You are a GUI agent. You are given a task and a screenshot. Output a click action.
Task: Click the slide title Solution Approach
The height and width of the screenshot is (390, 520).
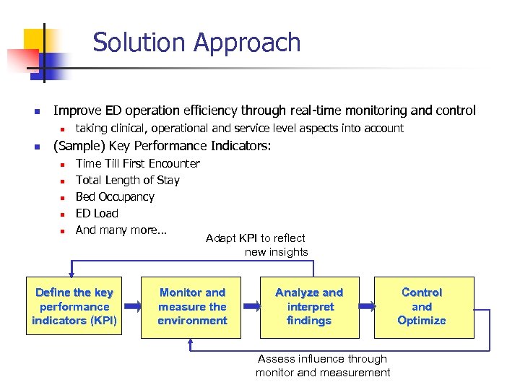point(196,43)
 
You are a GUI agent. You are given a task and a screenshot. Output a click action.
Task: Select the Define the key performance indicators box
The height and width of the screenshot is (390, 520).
point(74,307)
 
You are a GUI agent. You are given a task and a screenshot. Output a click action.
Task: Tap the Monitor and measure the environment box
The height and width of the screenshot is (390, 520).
point(192,307)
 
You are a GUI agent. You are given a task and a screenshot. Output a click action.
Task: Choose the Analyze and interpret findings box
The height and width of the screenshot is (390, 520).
point(309,307)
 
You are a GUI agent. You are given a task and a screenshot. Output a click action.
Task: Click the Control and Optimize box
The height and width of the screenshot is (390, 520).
point(422,307)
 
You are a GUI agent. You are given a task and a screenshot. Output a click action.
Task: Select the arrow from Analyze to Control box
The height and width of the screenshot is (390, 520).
point(366,307)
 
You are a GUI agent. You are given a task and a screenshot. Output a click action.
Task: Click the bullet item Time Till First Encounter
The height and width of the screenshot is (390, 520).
point(137,163)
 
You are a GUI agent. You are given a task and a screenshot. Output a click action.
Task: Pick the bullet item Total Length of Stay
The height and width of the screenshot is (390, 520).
point(127,180)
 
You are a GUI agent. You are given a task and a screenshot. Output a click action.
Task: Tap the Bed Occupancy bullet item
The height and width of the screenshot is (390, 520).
point(115,196)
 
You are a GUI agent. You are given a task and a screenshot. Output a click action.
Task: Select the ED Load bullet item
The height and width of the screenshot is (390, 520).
point(97,213)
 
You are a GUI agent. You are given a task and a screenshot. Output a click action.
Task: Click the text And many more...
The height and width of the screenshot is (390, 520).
point(121,230)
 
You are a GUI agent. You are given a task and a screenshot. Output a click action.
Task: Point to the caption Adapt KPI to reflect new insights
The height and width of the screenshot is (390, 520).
point(256,245)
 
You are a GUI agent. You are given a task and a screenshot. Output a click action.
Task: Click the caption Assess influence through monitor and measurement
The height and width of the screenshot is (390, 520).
point(323,365)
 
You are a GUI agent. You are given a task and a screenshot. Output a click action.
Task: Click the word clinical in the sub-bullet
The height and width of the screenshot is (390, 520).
point(135,128)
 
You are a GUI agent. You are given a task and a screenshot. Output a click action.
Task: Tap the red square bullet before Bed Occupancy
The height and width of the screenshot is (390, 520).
point(62,197)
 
